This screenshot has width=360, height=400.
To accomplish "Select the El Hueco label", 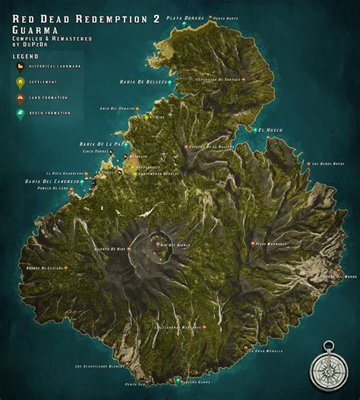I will (270, 131).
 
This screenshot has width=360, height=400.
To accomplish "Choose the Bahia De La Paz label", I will (97, 142).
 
